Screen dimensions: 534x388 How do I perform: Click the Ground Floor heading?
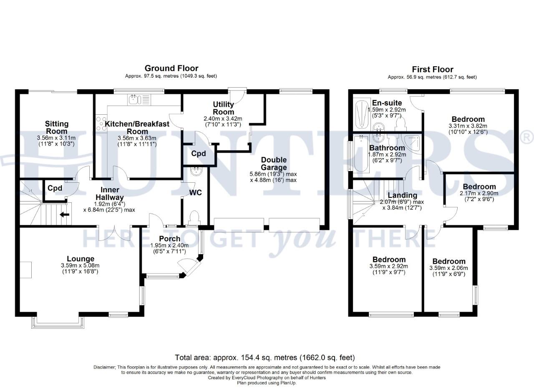171,68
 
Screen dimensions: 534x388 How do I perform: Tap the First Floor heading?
432,69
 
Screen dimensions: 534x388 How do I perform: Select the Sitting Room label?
57,128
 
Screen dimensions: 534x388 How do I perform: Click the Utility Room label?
224,108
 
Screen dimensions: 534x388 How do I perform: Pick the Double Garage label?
274,164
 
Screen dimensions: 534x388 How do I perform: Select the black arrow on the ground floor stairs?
64,215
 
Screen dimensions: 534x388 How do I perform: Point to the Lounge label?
81,259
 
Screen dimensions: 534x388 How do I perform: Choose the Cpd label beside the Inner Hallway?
55,188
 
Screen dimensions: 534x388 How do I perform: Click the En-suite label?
387,103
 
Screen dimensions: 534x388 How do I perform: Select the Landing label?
402,195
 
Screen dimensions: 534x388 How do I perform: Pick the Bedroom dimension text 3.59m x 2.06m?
448,268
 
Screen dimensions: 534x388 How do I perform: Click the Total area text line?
265,358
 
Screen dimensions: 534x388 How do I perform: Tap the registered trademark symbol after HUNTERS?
527,137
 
